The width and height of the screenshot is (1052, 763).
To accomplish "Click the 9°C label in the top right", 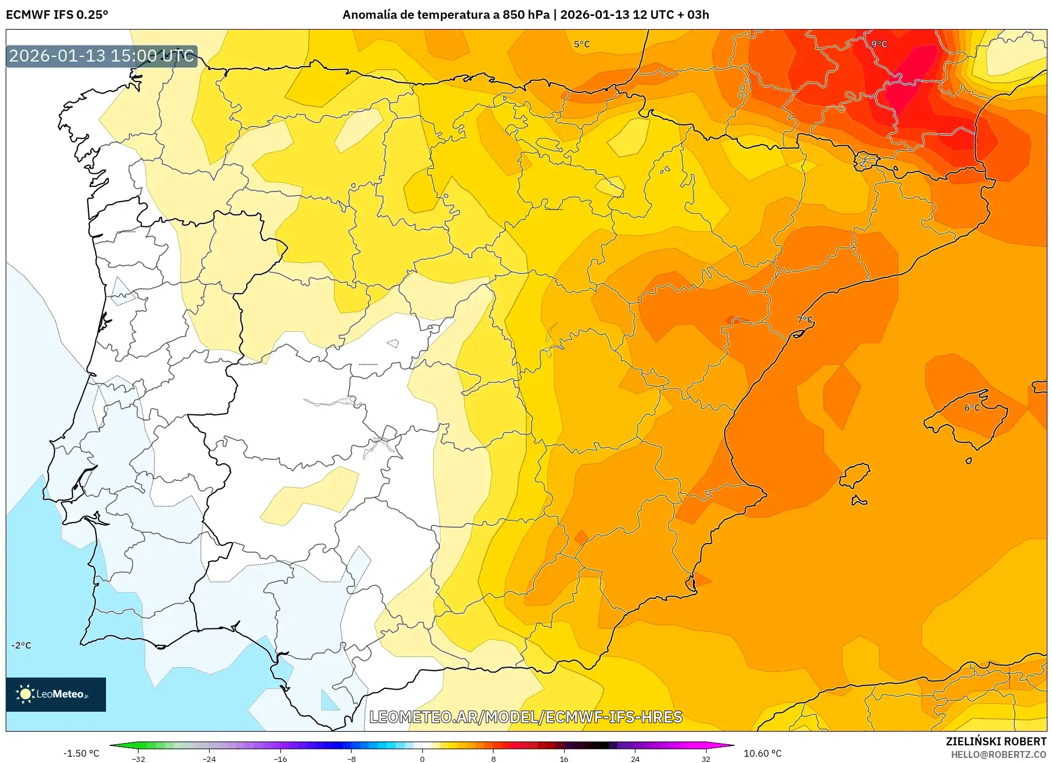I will tap(879, 44).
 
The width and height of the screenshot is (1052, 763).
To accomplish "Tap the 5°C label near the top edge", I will tap(581, 44).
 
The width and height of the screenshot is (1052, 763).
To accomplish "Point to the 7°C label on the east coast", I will tap(805, 320).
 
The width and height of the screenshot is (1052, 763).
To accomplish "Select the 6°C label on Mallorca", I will tap(972, 407).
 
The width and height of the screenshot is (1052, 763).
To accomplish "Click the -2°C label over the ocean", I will tap(21, 645).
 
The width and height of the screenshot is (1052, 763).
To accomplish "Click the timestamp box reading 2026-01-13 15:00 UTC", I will tap(101, 56).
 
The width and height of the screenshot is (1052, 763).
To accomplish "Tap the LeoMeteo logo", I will tap(56, 694).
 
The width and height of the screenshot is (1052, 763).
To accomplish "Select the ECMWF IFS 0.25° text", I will tap(56, 15).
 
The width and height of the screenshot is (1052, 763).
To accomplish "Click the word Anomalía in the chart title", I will tap(369, 15).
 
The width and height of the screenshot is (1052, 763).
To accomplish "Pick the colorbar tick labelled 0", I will tap(422, 758).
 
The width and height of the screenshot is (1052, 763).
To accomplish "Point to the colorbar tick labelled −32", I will tap(138, 758).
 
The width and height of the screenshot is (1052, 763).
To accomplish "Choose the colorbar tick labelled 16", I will tap(564, 758).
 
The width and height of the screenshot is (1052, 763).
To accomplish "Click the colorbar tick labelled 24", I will tap(635, 758).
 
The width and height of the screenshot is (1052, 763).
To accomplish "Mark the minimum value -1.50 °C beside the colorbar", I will tap(81, 753).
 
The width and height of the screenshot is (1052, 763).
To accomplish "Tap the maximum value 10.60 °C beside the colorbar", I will tap(763, 753).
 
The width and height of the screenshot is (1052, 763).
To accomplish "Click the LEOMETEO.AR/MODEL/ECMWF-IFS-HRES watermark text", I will tap(525, 717).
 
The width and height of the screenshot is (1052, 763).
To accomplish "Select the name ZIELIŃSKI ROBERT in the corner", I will tap(996, 741).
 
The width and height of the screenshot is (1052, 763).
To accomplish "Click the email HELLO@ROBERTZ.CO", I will tap(998, 754).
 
